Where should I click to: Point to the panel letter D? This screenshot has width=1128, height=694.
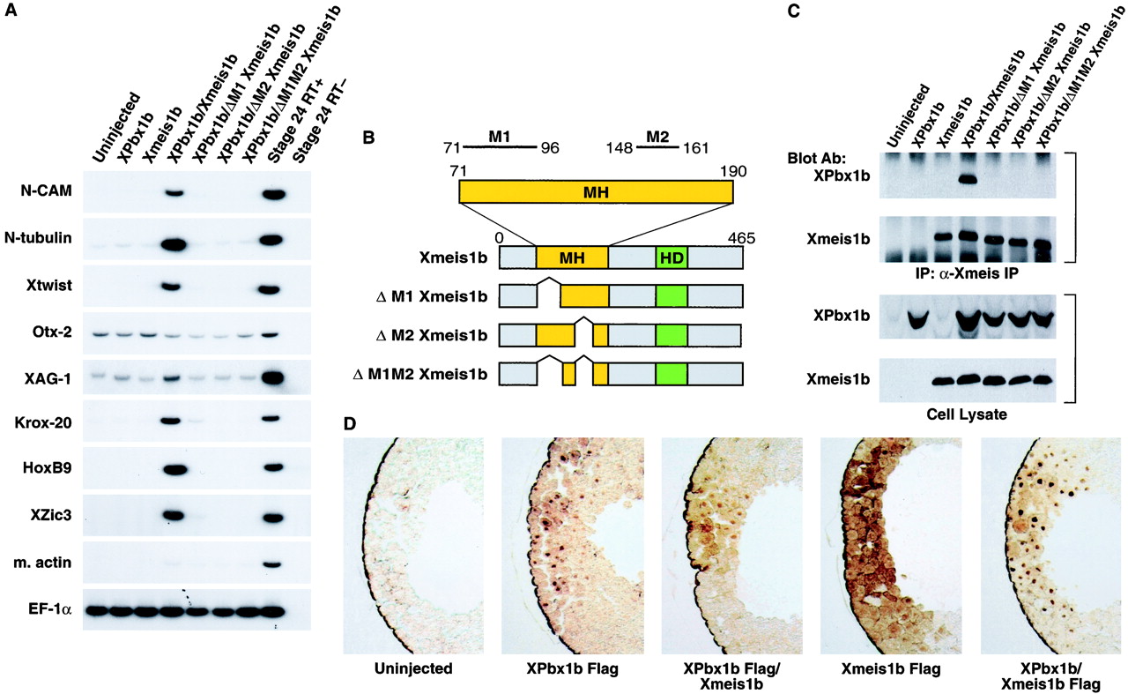pyautogui.click(x=350, y=424)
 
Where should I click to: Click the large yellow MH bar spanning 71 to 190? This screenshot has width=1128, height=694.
pyautogui.click(x=596, y=191)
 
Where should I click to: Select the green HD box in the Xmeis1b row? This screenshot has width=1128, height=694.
pyautogui.click(x=672, y=257)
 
